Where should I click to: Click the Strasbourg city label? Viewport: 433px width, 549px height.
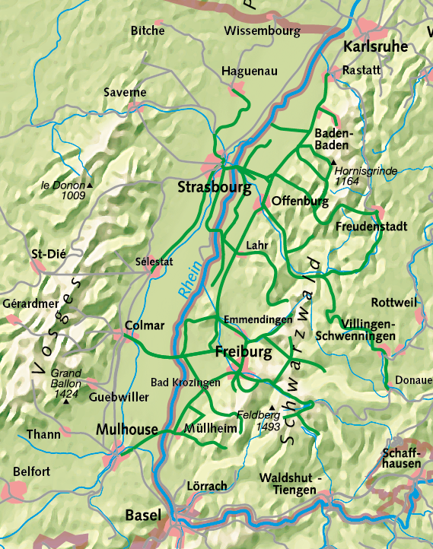[215, 187]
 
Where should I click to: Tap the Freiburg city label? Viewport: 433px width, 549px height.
[244, 353]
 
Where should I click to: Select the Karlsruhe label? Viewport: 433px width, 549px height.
[376, 47]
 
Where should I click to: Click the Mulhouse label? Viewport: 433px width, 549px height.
[127, 430]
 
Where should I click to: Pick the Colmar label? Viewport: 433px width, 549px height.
[144, 325]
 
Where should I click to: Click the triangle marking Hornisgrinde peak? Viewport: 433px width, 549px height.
[333, 162]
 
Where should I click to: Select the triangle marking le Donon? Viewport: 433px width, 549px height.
[90, 185]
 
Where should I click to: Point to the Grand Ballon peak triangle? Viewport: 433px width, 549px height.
[66, 401]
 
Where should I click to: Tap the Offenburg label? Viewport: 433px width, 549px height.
[300, 202]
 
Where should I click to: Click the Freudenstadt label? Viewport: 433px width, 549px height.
[371, 227]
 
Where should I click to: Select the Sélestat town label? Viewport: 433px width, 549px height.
[154, 262]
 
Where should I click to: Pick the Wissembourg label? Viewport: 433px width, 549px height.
[263, 31]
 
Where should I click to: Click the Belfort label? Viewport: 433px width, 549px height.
[32, 471]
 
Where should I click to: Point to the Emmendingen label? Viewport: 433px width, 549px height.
[256, 319]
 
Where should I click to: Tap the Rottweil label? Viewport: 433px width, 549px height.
[394, 302]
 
